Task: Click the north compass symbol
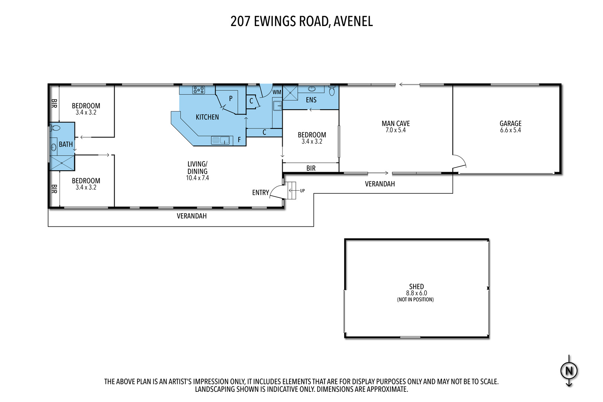coord(569,371)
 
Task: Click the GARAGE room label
coord(510,124)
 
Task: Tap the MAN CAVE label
coord(395,124)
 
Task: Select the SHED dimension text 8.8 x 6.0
coord(416,293)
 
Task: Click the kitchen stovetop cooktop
coord(198,90)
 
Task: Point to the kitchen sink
coord(220,140)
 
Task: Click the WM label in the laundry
coord(277,92)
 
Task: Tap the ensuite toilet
coord(332,91)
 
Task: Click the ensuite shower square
coord(290,93)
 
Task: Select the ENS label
coord(311,100)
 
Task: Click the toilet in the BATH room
coord(55,128)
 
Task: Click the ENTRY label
coord(260,193)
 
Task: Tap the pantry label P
coord(231,99)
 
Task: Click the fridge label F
coord(239,140)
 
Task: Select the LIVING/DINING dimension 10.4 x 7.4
coord(197,178)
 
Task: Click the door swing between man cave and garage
coord(460,161)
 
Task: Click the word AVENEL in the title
coord(353,21)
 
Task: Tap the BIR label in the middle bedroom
coord(311,168)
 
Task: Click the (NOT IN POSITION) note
coord(415,300)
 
